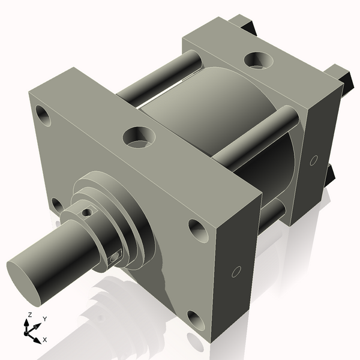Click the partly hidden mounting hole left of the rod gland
click(57, 205)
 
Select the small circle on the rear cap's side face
click(313, 160)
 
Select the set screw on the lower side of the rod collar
click(115, 257)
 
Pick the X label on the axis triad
click(44, 340)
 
